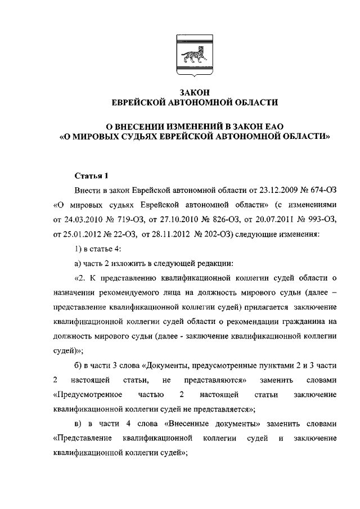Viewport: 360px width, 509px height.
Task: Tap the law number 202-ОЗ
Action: coord(223,235)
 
